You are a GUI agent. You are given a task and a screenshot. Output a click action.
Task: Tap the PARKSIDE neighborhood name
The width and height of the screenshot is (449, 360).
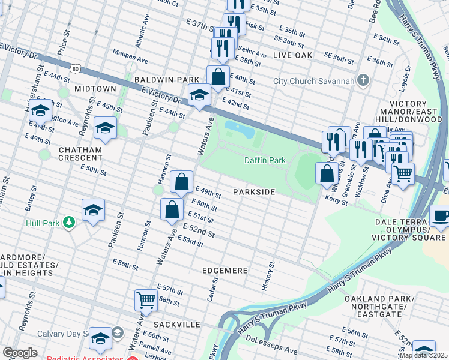click(254, 192)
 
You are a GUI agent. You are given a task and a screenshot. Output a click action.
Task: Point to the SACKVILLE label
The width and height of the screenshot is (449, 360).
click(178, 324)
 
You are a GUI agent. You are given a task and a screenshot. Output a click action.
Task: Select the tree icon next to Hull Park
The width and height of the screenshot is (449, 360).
click(70, 223)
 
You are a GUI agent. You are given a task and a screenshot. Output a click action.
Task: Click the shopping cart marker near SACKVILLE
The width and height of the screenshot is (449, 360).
click(146, 299)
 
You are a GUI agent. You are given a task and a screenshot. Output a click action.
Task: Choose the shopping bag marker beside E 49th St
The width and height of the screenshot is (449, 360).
click(181, 181)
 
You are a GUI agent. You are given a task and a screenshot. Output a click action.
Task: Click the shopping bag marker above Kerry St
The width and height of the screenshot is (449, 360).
click(327, 173)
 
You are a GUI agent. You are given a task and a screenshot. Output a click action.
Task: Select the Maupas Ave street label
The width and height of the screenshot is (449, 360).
click(130, 57)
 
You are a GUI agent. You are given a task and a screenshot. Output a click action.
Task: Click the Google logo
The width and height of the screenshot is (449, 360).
click(20, 353)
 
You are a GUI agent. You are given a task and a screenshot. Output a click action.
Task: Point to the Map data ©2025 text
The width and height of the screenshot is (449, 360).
click(423, 355)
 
